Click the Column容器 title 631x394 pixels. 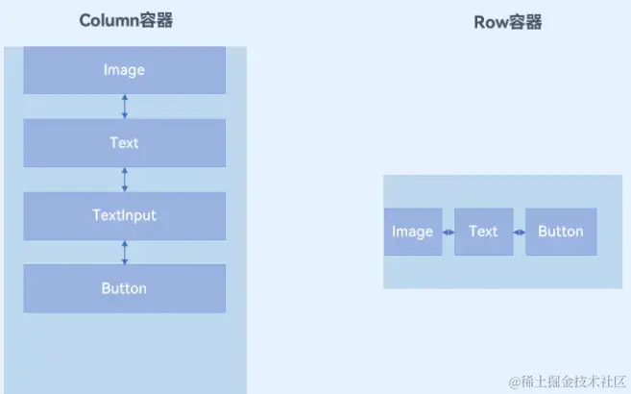tap(125, 21)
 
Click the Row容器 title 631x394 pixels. tap(508, 21)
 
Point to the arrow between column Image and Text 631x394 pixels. tap(125, 106)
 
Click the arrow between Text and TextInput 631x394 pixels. tap(125, 179)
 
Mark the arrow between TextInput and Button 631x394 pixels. tap(125, 252)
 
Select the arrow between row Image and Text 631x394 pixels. tap(448, 232)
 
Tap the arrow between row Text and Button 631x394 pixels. tap(519, 232)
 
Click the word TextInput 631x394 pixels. tap(125, 215)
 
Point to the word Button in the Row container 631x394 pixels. tap(561, 232)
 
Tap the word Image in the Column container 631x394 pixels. tap(124, 70)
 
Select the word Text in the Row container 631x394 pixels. tap(483, 232)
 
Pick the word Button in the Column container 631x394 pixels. tap(124, 288)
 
